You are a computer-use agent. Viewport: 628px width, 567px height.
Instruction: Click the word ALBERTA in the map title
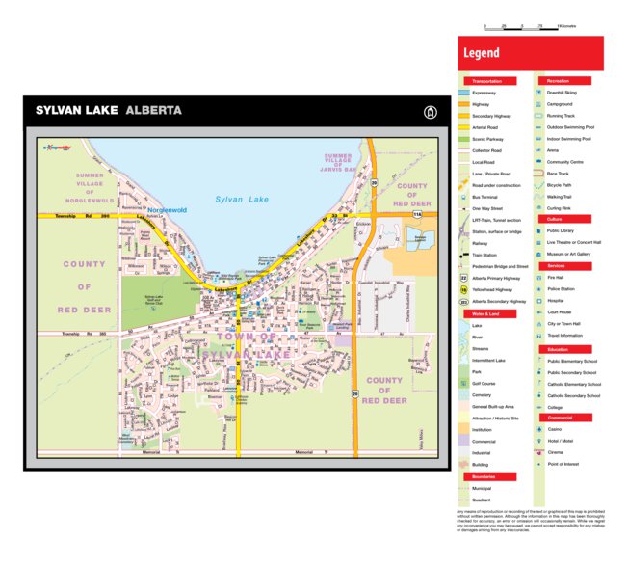(153, 110)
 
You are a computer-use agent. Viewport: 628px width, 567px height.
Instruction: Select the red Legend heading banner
(531, 54)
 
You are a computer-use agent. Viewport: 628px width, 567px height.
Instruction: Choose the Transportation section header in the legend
(490, 81)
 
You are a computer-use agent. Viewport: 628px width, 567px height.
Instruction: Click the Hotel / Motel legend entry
(561, 441)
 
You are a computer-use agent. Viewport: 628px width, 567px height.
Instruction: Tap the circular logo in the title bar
(430, 111)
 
